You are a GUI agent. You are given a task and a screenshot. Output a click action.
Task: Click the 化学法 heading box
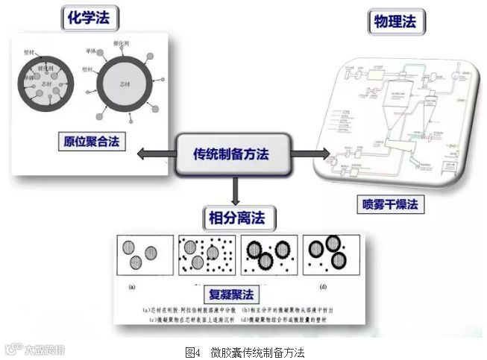(84, 16)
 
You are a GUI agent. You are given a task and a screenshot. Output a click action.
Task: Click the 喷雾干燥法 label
(391, 202)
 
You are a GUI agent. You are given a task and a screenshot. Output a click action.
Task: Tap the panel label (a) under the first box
(132, 285)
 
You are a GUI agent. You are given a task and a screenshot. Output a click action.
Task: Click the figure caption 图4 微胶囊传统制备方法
(245, 351)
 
